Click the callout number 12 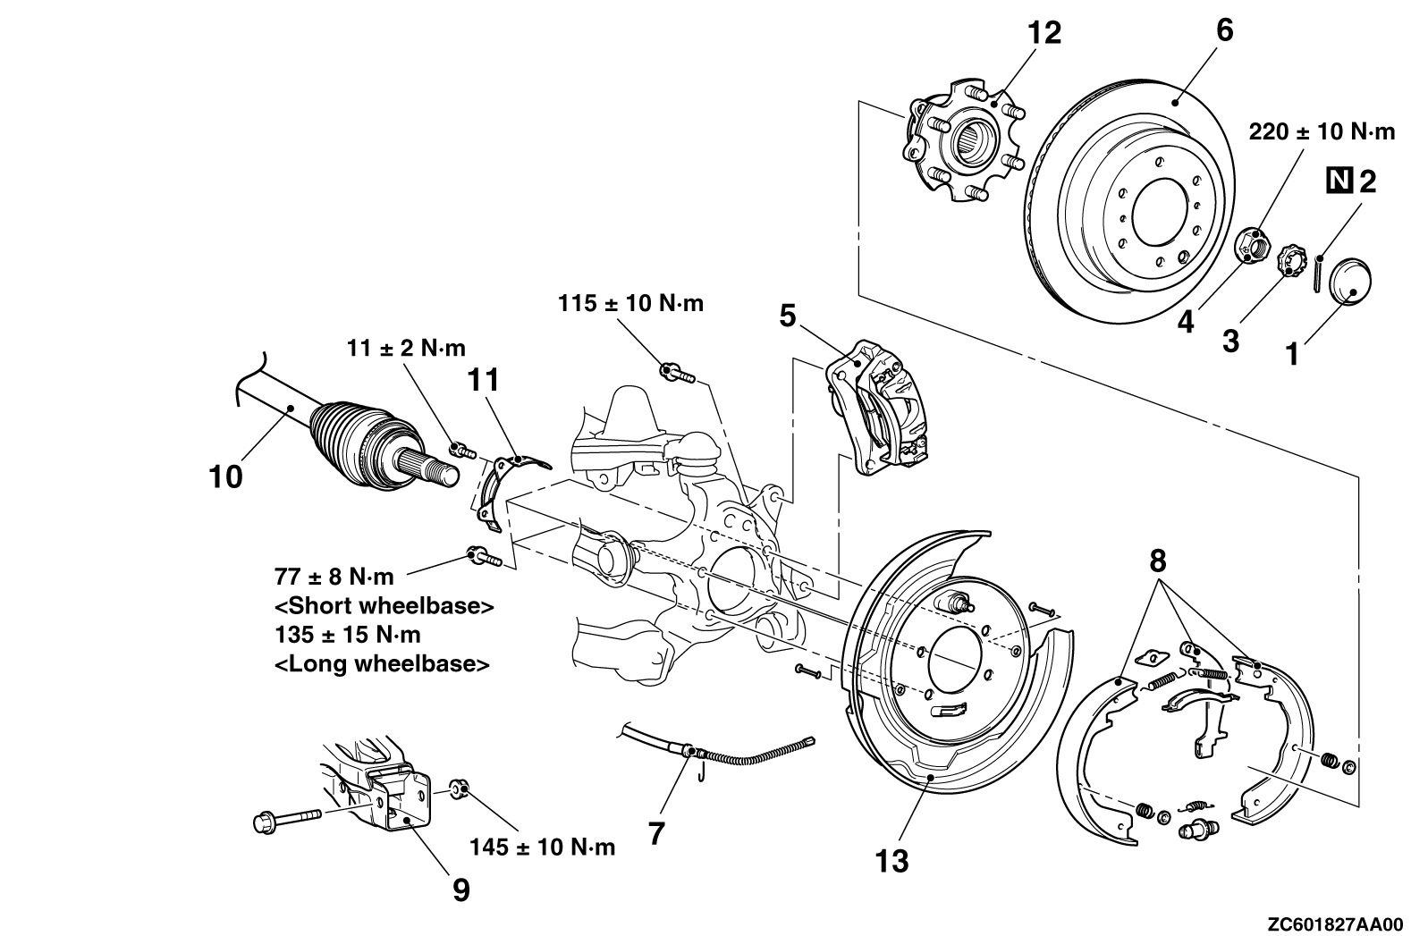[x=1043, y=33]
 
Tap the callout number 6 [x=1224, y=30]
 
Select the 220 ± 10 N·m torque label [x=1321, y=132]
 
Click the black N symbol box [x=1338, y=181]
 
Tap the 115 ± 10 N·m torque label [x=630, y=303]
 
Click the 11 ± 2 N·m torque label [x=406, y=347]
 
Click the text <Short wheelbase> [x=384, y=605]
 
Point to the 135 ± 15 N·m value [x=347, y=635]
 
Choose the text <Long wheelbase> [x=382, y=664]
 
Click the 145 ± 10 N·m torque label [x=543, y=847]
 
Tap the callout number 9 [x=460, y=890]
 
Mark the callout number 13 [x=892, y=861]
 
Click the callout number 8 [x=1158, y=561]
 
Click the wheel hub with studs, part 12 [x=962, y=143]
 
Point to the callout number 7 [x=656, y=834]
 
